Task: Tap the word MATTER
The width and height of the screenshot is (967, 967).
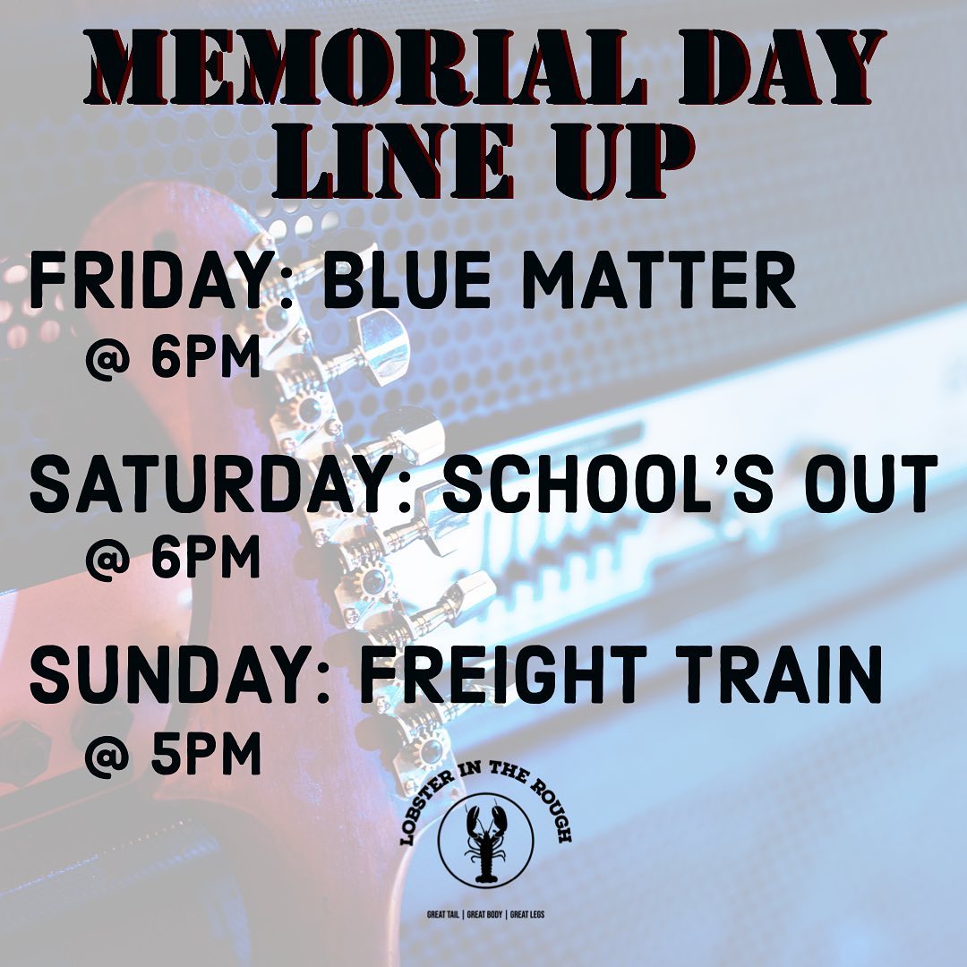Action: click(x=659, y=280)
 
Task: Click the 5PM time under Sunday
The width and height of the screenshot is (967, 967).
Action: click(x=206, y=754)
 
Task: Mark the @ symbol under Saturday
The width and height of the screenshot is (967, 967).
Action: click(x=108, y=558)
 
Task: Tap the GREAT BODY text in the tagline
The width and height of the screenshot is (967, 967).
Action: click(x=484, y=914)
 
